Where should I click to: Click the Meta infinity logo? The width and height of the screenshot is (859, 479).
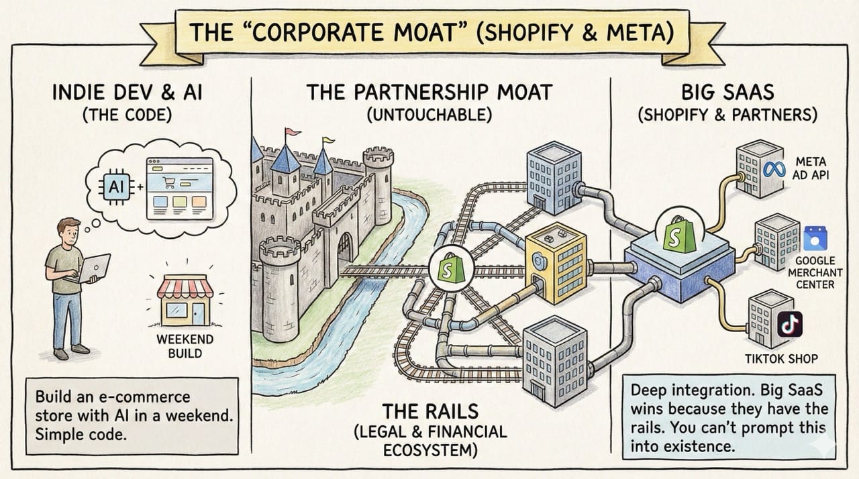(774, 167)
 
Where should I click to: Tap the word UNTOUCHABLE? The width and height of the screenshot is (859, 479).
(429, 115)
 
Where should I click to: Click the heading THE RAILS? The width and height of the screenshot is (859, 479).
(429, 410)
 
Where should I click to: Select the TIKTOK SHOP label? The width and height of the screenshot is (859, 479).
(781, 359)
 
